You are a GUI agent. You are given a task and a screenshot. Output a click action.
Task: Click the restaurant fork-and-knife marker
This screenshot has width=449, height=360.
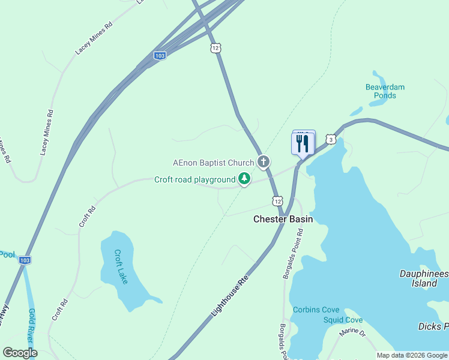[303, 143]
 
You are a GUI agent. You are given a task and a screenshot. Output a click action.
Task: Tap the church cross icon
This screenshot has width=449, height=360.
[263, 161]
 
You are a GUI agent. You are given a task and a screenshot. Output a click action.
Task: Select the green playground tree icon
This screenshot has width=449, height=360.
[244, 178]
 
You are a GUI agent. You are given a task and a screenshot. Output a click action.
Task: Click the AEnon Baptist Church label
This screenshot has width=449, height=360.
[213, 163]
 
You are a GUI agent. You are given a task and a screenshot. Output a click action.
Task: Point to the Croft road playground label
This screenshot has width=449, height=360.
[194, 179]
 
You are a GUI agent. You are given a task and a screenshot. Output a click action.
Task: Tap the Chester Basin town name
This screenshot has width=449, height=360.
[283, 219]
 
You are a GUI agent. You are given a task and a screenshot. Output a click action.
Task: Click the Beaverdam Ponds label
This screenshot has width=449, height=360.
[385, 91]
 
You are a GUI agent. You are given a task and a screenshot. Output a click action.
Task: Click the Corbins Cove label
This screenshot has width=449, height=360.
[316, 310]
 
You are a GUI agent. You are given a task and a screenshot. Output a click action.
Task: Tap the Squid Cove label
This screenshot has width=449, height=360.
[343, 320]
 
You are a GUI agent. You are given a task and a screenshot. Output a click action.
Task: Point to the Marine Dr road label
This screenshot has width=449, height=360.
[351, 331]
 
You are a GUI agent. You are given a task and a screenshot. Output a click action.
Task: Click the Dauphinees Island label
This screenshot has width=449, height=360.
[423, 278]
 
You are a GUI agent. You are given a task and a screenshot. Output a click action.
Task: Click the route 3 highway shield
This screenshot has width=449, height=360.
[331, 139]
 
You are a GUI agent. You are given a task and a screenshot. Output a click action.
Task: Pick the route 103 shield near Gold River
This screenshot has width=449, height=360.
[25, 260]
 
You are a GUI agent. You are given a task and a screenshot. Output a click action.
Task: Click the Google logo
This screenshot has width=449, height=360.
[20, 353]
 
